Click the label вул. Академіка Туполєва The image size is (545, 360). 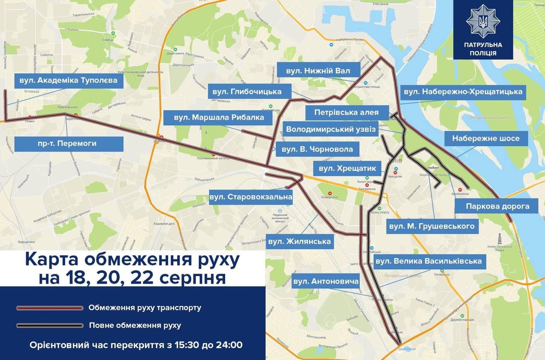click(69, 80)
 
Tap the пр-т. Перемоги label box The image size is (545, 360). click(69, 144)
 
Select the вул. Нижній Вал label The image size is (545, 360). click(318, 71)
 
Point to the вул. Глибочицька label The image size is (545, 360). click(250, 92)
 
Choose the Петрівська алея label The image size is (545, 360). click(347, 113)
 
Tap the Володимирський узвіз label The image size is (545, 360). click(331, 129)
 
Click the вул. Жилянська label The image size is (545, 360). click(299, 242)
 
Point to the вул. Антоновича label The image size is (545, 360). click(326, 281)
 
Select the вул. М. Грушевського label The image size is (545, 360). click(432, 226)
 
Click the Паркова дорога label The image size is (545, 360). click(497, 206)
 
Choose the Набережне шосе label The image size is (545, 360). click(486, 138)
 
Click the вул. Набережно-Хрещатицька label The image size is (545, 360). click(463, 92)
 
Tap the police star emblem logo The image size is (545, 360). click(483, 20)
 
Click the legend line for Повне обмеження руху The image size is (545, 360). click(50, 325)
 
